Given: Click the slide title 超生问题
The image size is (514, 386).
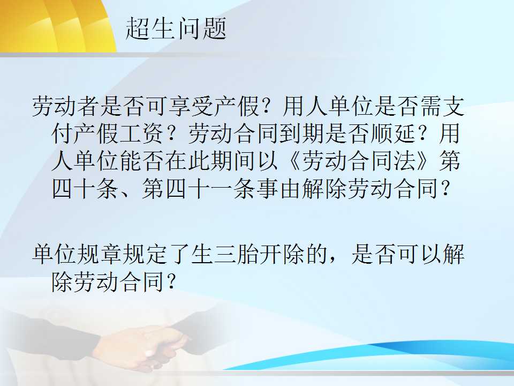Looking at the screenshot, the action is [176, 28].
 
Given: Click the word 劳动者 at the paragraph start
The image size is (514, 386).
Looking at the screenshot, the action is [65, 106].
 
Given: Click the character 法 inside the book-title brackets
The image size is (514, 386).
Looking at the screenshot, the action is [405, 161].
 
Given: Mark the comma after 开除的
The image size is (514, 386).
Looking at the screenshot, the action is [333, 260].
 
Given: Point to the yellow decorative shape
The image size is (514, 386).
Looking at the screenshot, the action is [56, 26].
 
